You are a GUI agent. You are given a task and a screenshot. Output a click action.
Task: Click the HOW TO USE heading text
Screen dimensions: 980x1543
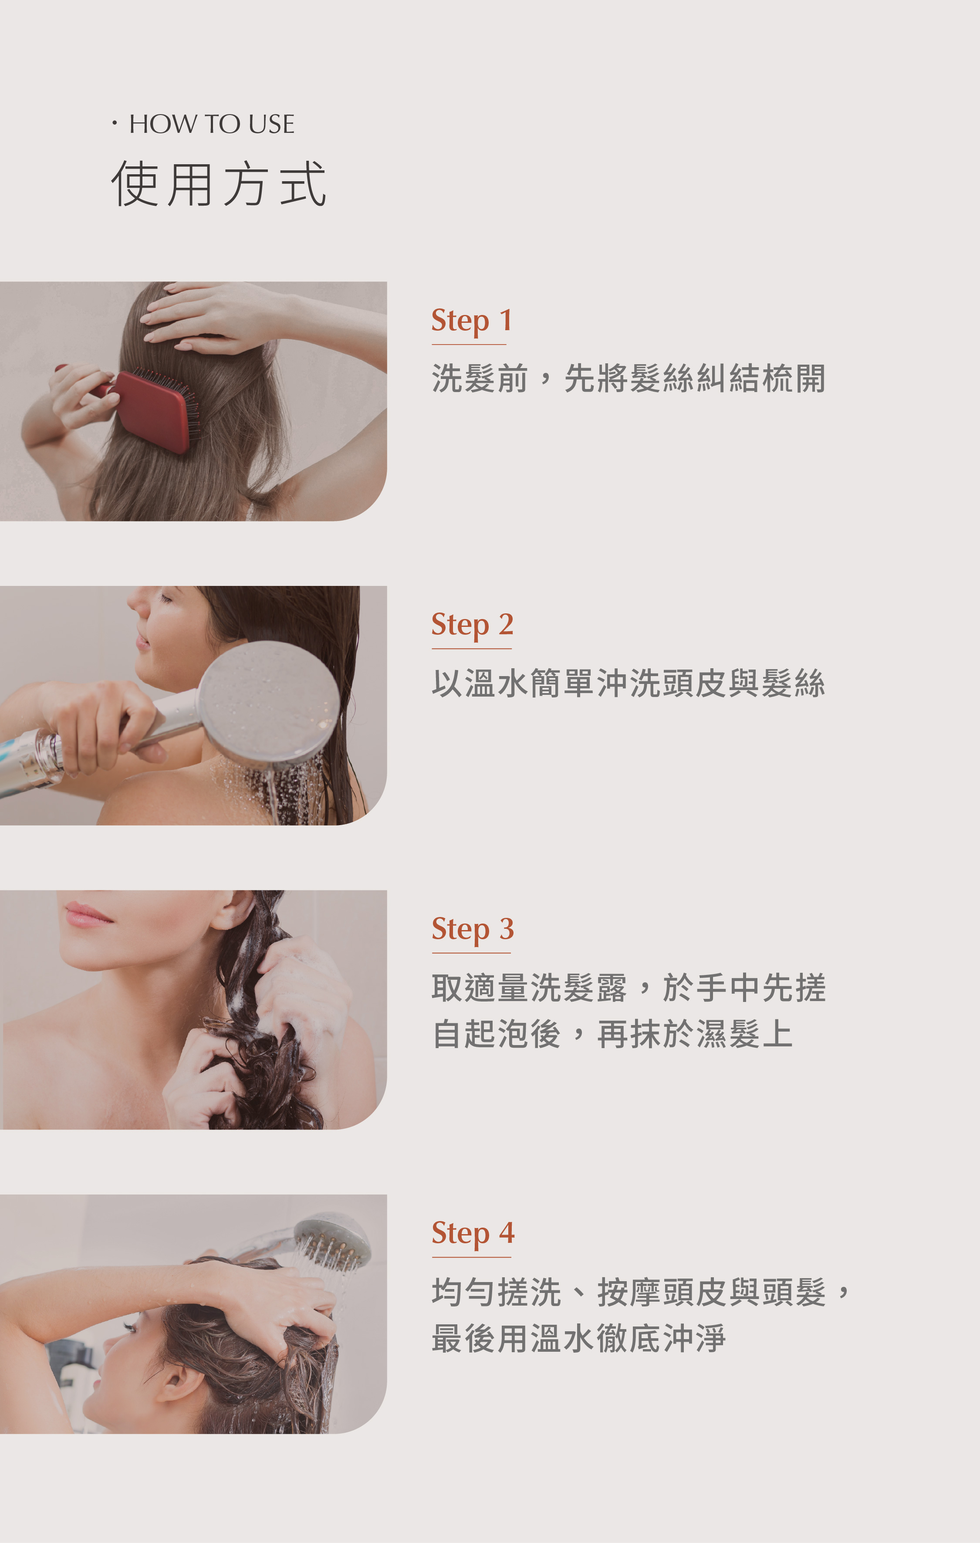(212, 124)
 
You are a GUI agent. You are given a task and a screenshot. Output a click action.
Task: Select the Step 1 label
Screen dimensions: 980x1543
(471, 320)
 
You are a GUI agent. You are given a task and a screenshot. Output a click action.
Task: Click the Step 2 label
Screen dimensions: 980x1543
(472, 625)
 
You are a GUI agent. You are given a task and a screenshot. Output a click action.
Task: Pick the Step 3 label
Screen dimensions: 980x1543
(473, 929)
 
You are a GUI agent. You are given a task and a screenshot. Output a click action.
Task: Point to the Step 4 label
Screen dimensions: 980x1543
(473, 1234)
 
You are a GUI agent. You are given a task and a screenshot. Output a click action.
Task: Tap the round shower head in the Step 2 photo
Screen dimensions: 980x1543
(269, 702)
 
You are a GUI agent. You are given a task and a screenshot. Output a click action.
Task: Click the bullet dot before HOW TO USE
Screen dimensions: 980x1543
(115, 123)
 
